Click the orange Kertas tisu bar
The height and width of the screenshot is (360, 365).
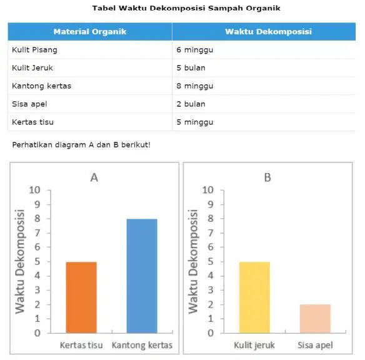81,297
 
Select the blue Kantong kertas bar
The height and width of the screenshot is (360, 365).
142,276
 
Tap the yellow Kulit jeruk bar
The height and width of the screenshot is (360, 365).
254,297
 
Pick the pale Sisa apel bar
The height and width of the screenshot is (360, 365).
315,319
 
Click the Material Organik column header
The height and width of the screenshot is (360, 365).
90,32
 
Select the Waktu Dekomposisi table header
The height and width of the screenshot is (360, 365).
268,32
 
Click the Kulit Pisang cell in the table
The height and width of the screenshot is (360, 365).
34,50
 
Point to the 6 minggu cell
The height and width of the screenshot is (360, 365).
195,50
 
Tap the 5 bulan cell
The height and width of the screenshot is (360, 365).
191,68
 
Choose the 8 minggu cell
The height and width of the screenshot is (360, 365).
195,86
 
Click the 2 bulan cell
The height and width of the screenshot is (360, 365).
191,104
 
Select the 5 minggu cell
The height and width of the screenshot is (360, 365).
195,122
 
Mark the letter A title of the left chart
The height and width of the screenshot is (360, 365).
94,177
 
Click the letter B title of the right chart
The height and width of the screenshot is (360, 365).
267,177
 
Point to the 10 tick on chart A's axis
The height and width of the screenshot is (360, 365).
34,190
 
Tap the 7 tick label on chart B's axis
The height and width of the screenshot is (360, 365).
211,233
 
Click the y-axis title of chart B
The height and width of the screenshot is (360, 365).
193,262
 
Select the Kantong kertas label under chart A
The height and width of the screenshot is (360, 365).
142,346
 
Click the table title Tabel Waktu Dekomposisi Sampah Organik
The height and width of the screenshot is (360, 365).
186,8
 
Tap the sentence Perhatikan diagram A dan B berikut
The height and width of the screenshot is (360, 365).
81,145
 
